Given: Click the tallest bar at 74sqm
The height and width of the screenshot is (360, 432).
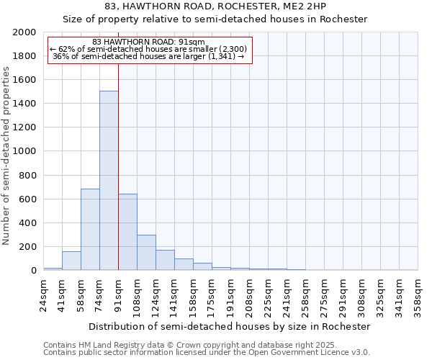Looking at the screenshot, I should (x=109, y=181).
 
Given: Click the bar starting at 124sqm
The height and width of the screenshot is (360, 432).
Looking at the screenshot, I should (x=165, y=260).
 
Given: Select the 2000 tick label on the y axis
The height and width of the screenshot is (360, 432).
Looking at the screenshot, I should (x=24, y=32).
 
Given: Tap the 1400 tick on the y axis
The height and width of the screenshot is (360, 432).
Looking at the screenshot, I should (x=24, y=104).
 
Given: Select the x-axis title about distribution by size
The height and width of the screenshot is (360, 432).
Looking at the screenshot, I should (x=230, y=326).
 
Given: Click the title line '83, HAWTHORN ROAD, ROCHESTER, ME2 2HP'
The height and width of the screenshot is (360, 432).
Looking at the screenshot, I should (x=215, y=6).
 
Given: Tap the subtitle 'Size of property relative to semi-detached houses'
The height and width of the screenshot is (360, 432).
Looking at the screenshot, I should (x=215, y=19).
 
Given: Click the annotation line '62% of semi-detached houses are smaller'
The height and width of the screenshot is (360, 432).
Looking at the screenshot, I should (x=149, y=49).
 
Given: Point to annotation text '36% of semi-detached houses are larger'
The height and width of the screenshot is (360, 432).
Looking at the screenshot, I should (x=149, y=57).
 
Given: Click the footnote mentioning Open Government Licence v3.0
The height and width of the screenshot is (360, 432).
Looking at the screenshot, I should (x=206, y=352).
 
